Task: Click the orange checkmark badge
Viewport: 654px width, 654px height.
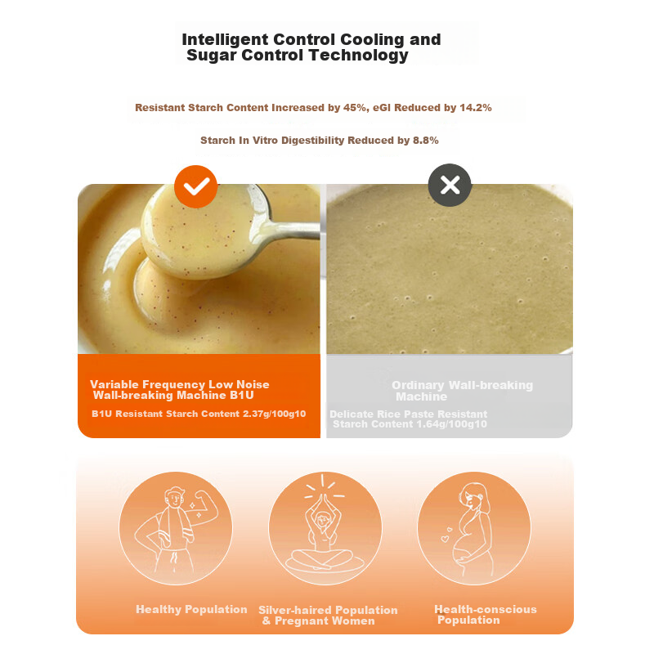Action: coord(196,186)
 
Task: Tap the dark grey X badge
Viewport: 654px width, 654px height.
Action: coord(450,185)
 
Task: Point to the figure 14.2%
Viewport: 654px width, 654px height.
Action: coord(476,108)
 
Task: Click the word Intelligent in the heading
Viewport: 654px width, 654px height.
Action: coord(225,39)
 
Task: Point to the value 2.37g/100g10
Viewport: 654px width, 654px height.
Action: coord(274,414)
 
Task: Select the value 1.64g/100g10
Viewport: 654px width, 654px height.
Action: coord(455,424)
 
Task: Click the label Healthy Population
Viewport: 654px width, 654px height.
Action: coord(191,609)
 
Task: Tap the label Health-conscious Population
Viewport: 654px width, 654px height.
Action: coord(486,615)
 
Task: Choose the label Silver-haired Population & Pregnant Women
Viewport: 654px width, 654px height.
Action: coord(328,616)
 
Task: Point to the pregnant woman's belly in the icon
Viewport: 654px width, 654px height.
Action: coord(464,551)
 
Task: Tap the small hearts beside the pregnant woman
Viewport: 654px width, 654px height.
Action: coord(446,535)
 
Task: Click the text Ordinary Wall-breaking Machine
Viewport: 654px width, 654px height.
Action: coord(462,391)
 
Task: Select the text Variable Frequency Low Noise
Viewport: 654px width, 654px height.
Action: coord(180,384)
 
